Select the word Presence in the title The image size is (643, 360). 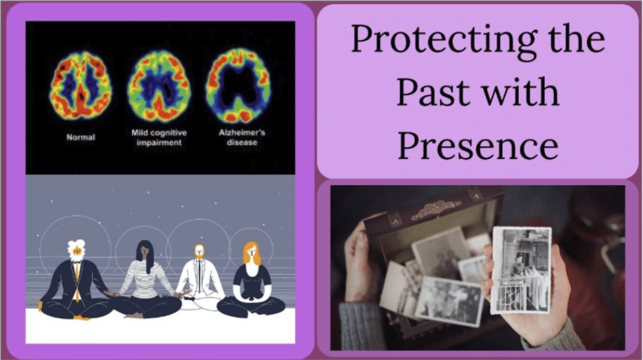tap(477, 145)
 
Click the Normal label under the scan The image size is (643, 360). tap(80, 138)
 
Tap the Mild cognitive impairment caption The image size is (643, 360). tap(158, 138)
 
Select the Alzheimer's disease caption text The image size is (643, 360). tap(240, 138)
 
